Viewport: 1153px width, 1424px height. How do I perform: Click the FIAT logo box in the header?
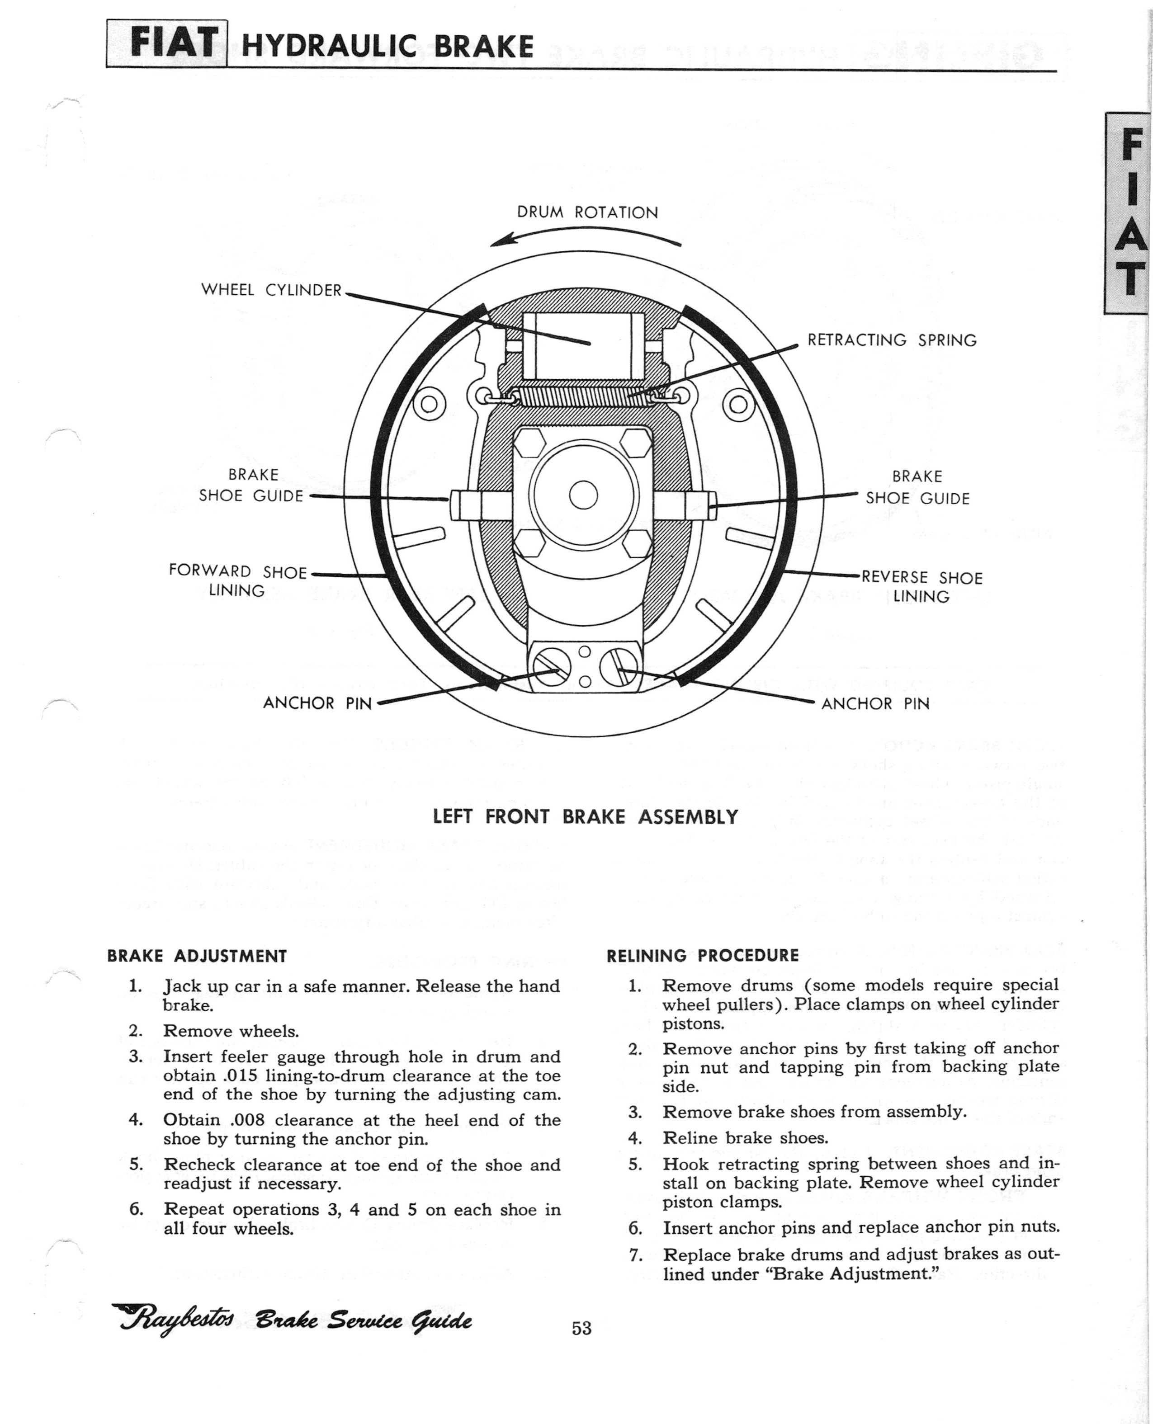[167, 44]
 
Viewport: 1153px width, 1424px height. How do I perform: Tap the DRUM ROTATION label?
[587, 212]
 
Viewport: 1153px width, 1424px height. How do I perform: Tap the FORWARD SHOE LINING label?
[237, 580]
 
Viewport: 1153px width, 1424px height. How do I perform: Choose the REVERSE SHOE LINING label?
[922, 587]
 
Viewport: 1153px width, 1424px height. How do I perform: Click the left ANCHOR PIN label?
[317, 703]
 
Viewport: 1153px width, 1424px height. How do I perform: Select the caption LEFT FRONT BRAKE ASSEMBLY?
[585, 816]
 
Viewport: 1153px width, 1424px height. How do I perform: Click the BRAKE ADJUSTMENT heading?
[197, 956]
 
